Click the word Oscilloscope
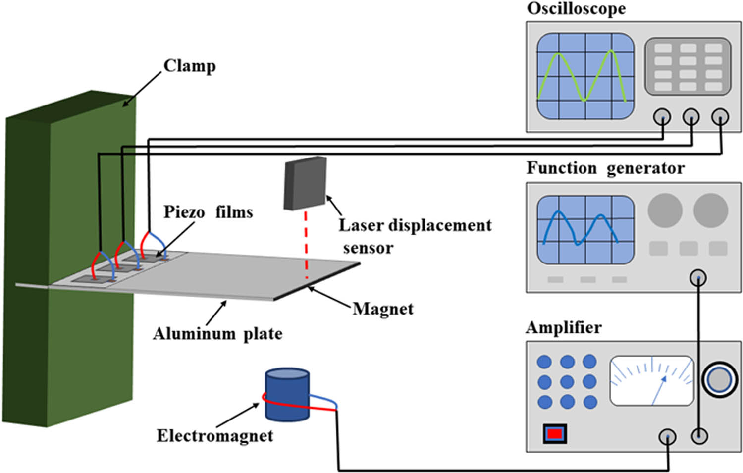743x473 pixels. pyautogui.click(x=576, y=9)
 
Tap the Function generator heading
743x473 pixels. pyautogui.click(x=605, y=168)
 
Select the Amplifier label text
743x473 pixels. pyautogui.click(x=564, y=328)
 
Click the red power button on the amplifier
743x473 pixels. pyautogui.click(x=555, y=434)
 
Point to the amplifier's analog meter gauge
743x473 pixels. pyautogui.click(x=651, y=381)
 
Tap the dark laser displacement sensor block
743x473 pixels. pyautogui.click(x=305, y=183)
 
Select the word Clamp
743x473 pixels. pyautogui.click(x=190, y=66)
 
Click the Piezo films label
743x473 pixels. pyautogui.click(x=208, y=212)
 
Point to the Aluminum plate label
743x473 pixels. pyautogui.click(x=217, y=334)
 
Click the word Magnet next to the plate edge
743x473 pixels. pyautogui.click(x=383, y=309)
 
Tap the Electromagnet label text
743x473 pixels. pyautogui.click(x=214, y=436)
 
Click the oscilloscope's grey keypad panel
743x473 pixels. pyautogui.click(x=688, y=66)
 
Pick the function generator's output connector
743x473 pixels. pyautogui.click(x=698, y=277)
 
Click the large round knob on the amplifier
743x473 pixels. pyautogui.click(x=720, y=380)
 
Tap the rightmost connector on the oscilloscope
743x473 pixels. pyautogui.click(x=720, y=117)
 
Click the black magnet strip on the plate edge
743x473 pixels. pyautogui.click(x=317, y=282)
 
